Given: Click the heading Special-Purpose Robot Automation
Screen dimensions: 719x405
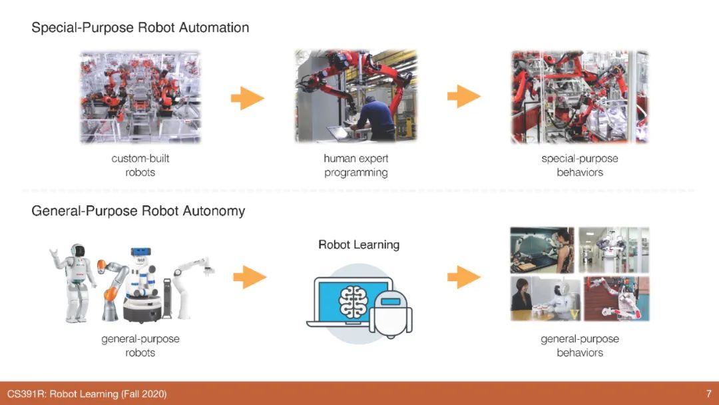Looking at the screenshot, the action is tap(140, 28).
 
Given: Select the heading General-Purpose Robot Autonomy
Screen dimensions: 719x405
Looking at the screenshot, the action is tap(138, 211).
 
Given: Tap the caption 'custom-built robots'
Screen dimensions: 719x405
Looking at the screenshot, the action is tap(140, 165).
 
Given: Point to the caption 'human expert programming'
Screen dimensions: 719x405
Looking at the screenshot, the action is tap(356, 165).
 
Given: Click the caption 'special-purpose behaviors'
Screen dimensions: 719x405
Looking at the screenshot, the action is tap(579, 165).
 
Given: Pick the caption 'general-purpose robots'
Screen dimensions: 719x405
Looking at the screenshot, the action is tap(140, 346).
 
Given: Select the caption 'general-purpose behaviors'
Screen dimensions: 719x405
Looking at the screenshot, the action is tap(579, 346).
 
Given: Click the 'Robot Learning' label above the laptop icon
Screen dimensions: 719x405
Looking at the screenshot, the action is tap(359, 244).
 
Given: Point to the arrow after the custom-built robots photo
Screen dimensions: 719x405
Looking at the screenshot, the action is tap(247, 99).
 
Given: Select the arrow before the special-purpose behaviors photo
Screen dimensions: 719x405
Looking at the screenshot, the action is tap(463, 97).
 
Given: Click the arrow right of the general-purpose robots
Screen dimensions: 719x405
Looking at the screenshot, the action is tap(250, 276).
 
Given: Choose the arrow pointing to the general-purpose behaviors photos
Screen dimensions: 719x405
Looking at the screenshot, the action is tap(463, 276).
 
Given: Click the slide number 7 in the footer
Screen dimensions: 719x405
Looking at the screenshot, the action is tap(708, 394).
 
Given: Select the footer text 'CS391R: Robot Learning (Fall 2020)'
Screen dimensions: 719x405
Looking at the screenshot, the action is tap(87, 394).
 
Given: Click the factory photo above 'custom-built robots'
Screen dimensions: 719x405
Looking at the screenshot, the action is tap(140, 96).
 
